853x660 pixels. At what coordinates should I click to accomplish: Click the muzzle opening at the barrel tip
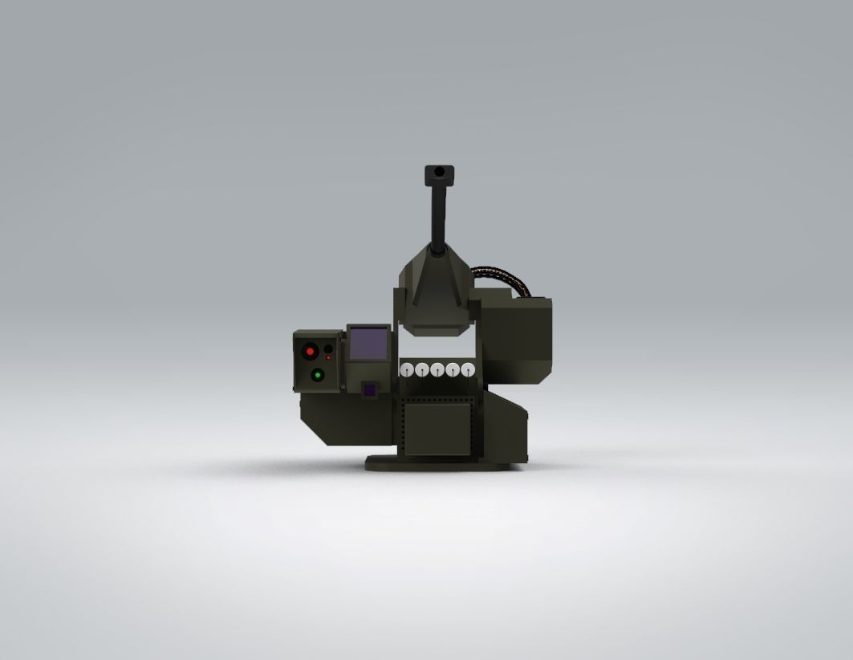click(439, 172)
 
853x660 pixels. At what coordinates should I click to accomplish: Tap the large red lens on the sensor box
click(310, 352)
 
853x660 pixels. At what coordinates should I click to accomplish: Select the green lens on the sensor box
click(317, 374)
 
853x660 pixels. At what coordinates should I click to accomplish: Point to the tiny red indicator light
click(328, 357)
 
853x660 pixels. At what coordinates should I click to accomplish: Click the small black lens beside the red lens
click(327, 348)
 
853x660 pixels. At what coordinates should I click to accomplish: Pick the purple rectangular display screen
click(369, 344)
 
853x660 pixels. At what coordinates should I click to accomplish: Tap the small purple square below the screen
click(369, 390)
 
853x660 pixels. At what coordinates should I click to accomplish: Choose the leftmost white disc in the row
click(406, 370)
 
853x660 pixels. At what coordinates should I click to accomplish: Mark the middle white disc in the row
click(437, 370)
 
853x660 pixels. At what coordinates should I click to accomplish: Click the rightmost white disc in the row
click(469, 370)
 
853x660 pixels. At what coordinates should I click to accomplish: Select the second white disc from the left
click(421, 370)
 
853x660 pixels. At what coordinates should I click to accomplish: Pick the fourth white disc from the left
click(453, 370)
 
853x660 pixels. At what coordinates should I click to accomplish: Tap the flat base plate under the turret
click(437, 463)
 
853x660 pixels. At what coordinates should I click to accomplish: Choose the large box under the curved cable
click(518, 337)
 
